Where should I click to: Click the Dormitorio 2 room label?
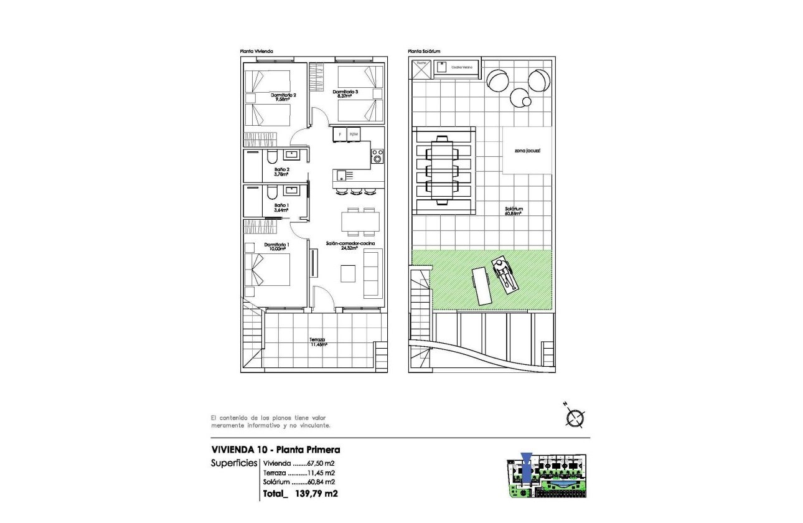283,97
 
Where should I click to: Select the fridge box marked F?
340,134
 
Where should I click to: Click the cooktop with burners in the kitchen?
377,156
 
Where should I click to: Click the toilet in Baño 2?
273,156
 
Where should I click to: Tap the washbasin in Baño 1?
292,190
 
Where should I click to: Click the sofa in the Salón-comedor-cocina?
373,273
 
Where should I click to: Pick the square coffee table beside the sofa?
348,273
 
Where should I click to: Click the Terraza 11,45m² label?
318,341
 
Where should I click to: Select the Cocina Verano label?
461,67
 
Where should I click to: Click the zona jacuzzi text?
527,151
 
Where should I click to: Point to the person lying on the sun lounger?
504,275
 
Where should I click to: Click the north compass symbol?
576,417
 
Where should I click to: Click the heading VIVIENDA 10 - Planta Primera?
276,450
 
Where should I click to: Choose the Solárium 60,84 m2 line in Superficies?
299,481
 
